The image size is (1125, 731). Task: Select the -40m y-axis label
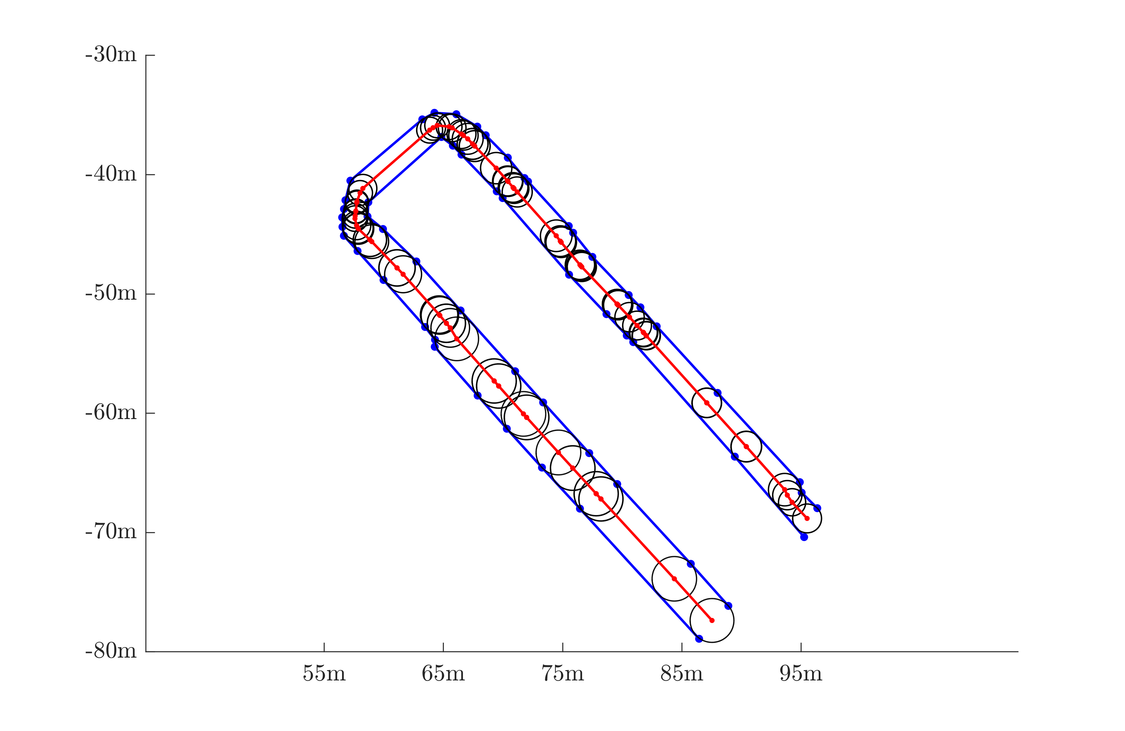click(111, 174)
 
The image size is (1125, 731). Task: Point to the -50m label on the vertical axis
click(111, 293)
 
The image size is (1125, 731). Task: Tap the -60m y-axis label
click(111, 412)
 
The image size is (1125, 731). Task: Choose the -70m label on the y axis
click(111, 532)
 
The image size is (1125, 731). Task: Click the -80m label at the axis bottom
click(111, 651)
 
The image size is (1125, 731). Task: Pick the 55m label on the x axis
click(324, 673)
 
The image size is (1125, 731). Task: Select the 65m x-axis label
click(443, 673)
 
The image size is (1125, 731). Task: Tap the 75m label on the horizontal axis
click(562, 673)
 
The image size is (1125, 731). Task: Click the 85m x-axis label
click(682, 673)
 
